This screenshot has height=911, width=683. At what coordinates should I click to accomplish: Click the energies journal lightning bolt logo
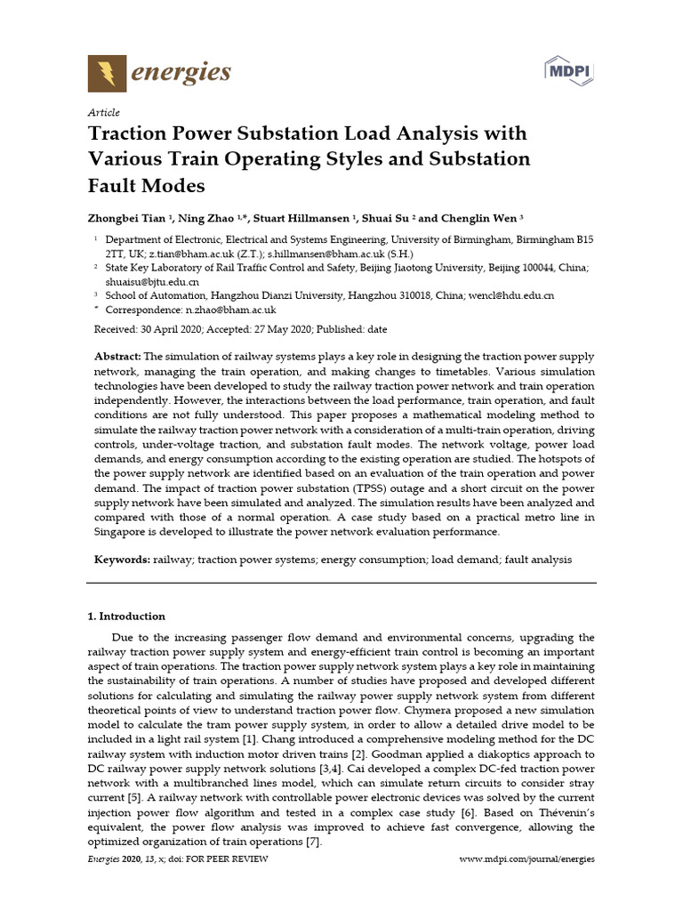[x=107, y=72]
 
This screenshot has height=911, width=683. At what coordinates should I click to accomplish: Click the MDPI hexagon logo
[x=570, y=70]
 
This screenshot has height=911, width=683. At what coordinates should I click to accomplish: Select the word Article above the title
[x=103, y=113]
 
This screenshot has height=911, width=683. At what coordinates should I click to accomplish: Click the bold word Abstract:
[x=117, y=356]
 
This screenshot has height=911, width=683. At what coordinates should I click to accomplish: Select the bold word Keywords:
[x=122, y=560]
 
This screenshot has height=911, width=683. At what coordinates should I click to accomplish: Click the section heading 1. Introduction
[x=125, y=616]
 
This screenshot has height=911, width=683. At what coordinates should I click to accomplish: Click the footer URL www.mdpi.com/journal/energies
[x=526, y=859]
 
